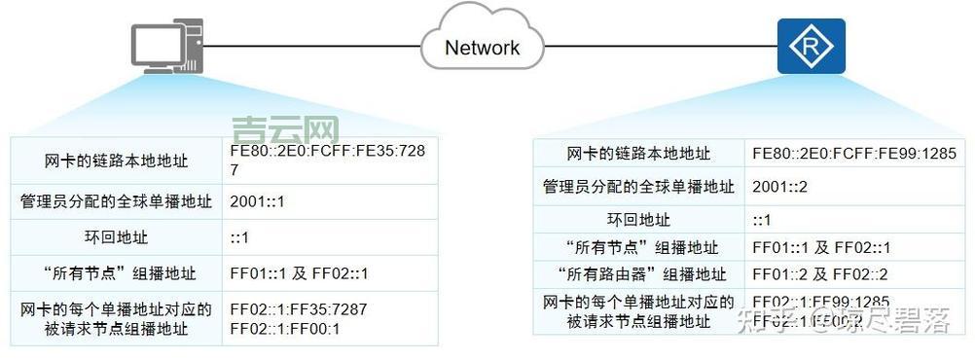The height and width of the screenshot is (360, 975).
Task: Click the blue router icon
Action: pyautogui.click(x=811, y=46)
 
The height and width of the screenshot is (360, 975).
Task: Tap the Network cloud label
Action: pyautogui.click(x=482, y=47)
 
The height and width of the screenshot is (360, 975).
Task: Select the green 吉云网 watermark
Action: pyautogui.click(x=286, y=129)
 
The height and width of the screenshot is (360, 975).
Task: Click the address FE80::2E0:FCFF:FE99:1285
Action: pyautogui.click(x=854, y=154)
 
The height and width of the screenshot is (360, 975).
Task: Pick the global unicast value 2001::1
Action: pyautogui.click(x=257, y=202)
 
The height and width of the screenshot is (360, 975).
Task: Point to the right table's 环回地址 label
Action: pyautogui.click(x=639, y=219)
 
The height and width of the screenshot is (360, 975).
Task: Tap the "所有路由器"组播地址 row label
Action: pyautogui.click(x=639, y=273)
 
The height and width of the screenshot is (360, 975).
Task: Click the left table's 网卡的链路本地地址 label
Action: pyautogui.click(x=116, y=160)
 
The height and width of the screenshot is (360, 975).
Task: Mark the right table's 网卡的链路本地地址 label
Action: pyautogui.click(x=639, y=154)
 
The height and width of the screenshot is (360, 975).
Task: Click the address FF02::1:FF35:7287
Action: pyautogui.click(x=298, y=310)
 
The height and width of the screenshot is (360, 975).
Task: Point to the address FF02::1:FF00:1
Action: pyautogui.click(x=284, y=329)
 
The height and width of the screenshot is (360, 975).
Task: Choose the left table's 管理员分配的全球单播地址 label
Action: pyautogui.click(x=116, y=202)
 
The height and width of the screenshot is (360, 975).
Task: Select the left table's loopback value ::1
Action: pyautogui.click(x=239, y=236)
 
